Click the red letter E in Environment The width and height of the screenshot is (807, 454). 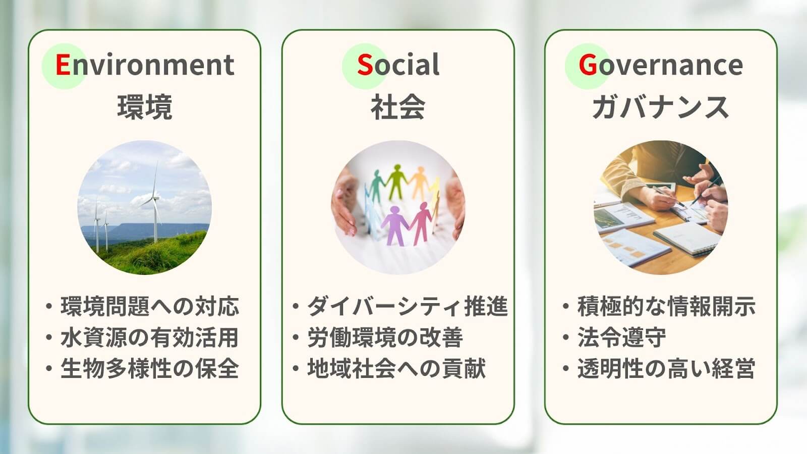(x=63, y=65)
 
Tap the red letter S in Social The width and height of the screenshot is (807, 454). (x=365, y=65)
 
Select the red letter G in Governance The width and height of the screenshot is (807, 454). (x=588, y=65)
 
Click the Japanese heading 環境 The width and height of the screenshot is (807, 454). (x=145, y=107)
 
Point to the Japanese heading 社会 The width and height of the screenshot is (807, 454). (x=398, y=107)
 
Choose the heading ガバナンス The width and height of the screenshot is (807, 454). (x=660, y=107)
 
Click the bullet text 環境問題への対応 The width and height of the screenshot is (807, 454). (x=149, y=307)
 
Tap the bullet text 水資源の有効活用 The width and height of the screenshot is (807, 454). (x=149, y=337)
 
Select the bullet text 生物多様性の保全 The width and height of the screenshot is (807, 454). (x=149, y=369)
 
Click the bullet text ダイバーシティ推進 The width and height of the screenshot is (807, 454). (x=408, y=307)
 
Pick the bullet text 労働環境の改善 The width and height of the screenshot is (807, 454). (x=385, y=337)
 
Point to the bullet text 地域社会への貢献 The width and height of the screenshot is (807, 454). (x=396, y=369)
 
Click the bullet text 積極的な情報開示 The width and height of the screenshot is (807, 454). (x=666, y=307)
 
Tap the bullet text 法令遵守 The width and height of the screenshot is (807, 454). (x=622, y=337)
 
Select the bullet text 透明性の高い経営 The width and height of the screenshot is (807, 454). (x=666, y=369)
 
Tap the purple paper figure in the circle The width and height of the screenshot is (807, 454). (x=394, y=225)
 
